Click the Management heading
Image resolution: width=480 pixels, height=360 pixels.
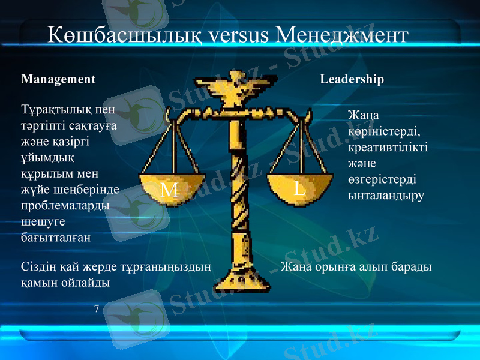point(58,79)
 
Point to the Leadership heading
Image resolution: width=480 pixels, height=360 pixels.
point(352,79)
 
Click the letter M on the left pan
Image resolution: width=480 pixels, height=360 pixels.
point(170,190)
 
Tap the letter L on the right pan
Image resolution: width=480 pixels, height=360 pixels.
point(299,188)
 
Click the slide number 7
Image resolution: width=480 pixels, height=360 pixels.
point(97,308)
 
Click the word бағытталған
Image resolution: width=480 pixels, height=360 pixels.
point(56,237)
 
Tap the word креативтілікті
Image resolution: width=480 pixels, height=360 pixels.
point(388,147)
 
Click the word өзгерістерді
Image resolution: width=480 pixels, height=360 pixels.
point(382,179)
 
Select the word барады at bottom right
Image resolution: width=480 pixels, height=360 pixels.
point(413,266)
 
